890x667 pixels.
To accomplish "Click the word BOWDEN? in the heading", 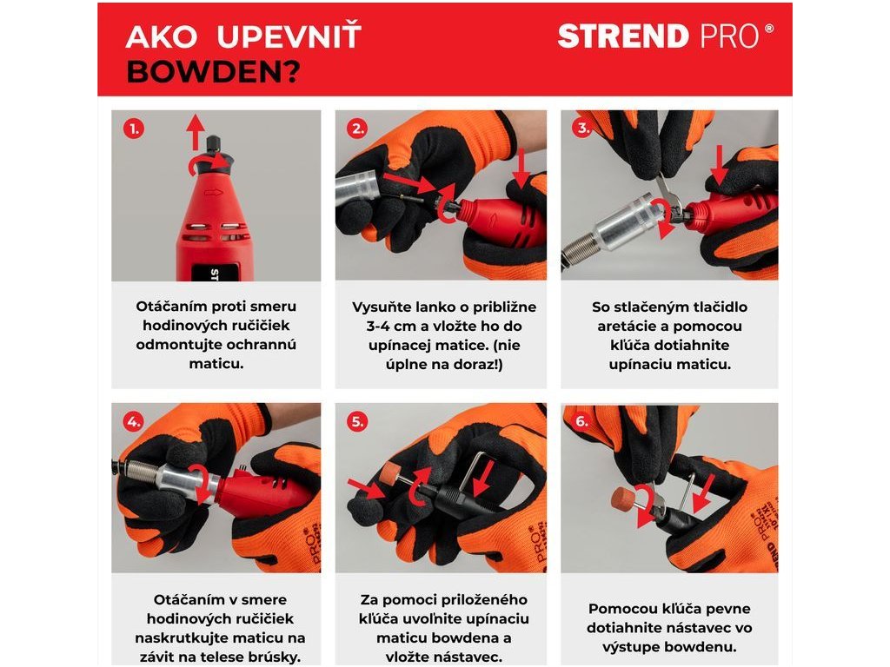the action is tap(214, 72).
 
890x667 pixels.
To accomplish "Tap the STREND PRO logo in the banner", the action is tap(665, 36).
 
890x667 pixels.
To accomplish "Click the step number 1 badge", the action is tap(134, 129).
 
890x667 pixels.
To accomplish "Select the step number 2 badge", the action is tap(357, 129).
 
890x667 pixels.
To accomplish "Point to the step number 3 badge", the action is tap(582, 129).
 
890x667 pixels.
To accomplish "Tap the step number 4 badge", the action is tap(134, 421).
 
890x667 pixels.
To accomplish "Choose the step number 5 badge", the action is tap(357, 421).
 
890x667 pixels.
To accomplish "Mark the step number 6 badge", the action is tap(582, 421).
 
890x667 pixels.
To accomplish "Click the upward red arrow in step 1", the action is tap(196, 132).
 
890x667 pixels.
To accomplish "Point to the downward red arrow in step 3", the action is tap(719, 164).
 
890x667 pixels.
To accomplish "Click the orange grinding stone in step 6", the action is tap(623, 498).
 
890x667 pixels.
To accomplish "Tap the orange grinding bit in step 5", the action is tap(391, 473).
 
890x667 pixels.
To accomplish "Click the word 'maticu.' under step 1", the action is tap(216, 364).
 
